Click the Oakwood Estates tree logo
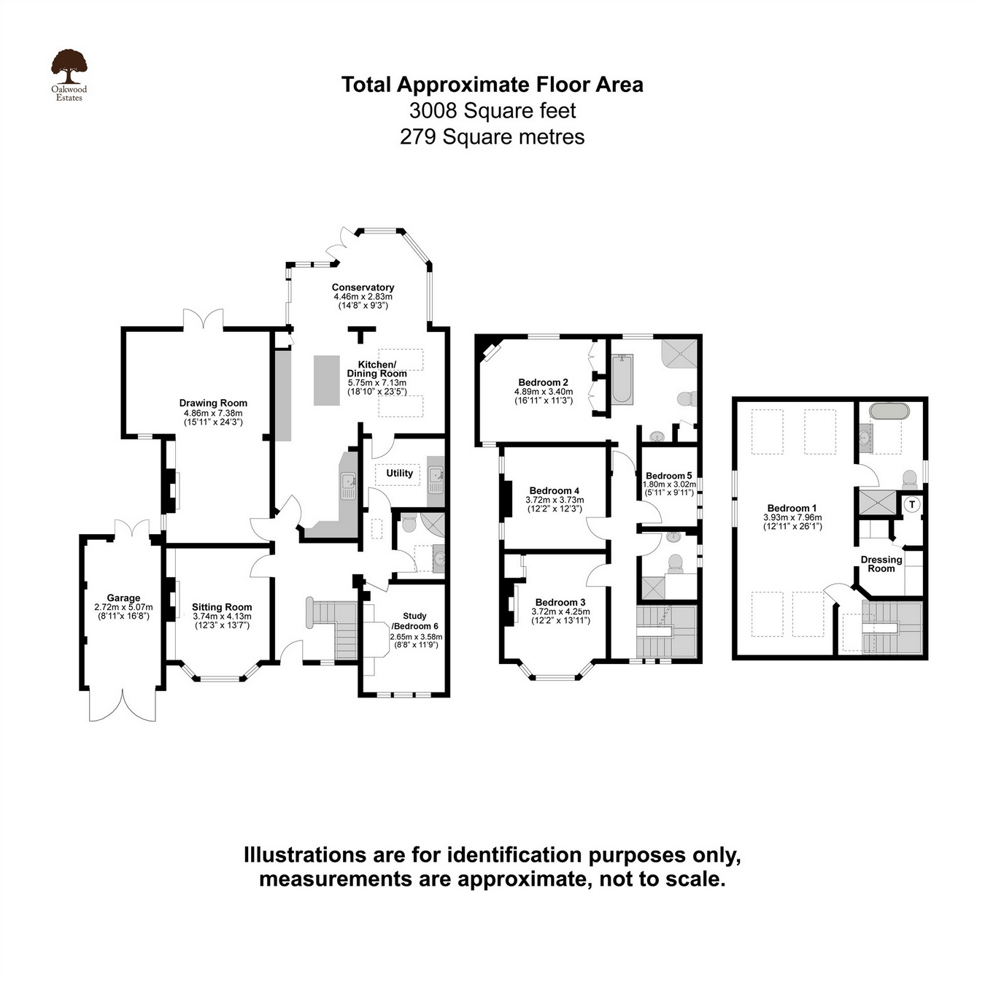tap(69, 67)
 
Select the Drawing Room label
tap(213, 403)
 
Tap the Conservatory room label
tap(363, 287)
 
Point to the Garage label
tap(123, 598)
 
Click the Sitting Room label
tap(222, 607)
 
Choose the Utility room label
tap(399, 473)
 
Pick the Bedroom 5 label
tap(668, 475)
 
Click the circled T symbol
tap(912, 505)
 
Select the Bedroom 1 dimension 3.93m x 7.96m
tap(792, 517)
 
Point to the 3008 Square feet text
tap(492, 111)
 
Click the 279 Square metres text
tap(492, 136)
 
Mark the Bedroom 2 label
tap(543, 382)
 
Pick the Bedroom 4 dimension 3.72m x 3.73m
tap(555, 500)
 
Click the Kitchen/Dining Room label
tap(376, 368)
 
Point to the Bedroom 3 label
tap(560, 602)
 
